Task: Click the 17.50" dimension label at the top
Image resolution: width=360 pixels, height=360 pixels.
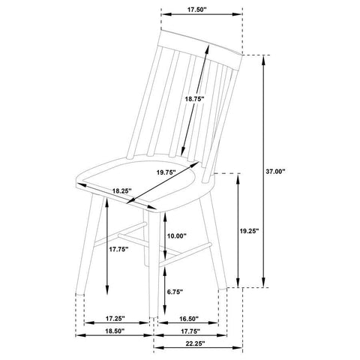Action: coord(197,10)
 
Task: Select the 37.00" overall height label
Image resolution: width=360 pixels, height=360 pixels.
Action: coord(275,172)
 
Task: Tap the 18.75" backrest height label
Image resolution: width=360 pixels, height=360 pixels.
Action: coord(195,99)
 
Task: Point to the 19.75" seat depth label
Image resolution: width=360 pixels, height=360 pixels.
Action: coord(166,172)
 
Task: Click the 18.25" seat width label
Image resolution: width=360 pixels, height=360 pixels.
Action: coord(121,191)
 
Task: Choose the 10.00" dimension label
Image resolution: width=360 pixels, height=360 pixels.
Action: coord(177,235)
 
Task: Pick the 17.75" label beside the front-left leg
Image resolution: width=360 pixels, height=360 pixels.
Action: coord(118,249)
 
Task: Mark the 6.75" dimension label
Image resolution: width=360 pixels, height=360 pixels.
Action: coord(175,292)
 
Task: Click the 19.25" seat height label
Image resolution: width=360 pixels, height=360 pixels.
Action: coord(249,231)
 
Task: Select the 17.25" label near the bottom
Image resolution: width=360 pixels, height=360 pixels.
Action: coord(115,319)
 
